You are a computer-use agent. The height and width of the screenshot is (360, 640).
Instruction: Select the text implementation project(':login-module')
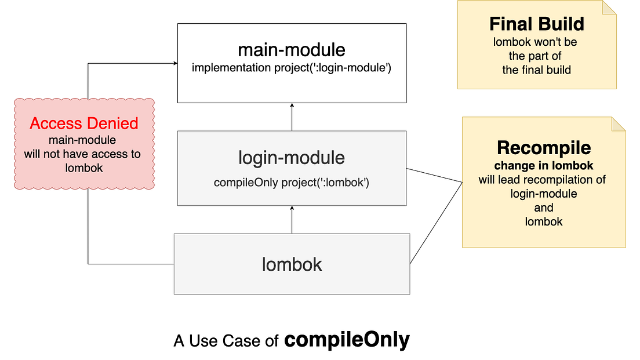point(292,68)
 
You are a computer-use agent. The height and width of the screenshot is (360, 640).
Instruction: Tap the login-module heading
point(292,158)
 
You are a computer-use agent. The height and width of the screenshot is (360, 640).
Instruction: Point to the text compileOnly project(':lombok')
point(292,183)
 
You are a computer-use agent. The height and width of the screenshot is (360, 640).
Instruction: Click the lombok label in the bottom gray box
point(292,264)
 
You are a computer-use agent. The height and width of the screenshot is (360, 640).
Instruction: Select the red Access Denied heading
point(84,123)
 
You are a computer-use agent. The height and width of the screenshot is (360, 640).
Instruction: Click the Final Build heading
point(536,24)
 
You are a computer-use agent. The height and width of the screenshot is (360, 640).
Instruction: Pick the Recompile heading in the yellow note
point(544,148)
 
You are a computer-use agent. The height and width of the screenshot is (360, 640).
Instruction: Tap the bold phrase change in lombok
point(544,166)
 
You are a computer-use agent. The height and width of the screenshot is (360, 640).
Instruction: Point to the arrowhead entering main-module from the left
point(174,63)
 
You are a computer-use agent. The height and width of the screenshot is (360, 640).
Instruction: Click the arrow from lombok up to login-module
point(292,220)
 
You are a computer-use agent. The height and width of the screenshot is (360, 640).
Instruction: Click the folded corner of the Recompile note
point(618,124)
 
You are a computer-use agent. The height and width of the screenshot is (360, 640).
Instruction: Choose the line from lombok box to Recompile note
point(436,223)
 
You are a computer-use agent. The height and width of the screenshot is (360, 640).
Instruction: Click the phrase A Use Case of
point(227,341)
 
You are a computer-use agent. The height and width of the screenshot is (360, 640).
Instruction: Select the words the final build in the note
point(536,70)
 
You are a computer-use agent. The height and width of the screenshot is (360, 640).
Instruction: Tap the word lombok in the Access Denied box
point(84,168)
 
